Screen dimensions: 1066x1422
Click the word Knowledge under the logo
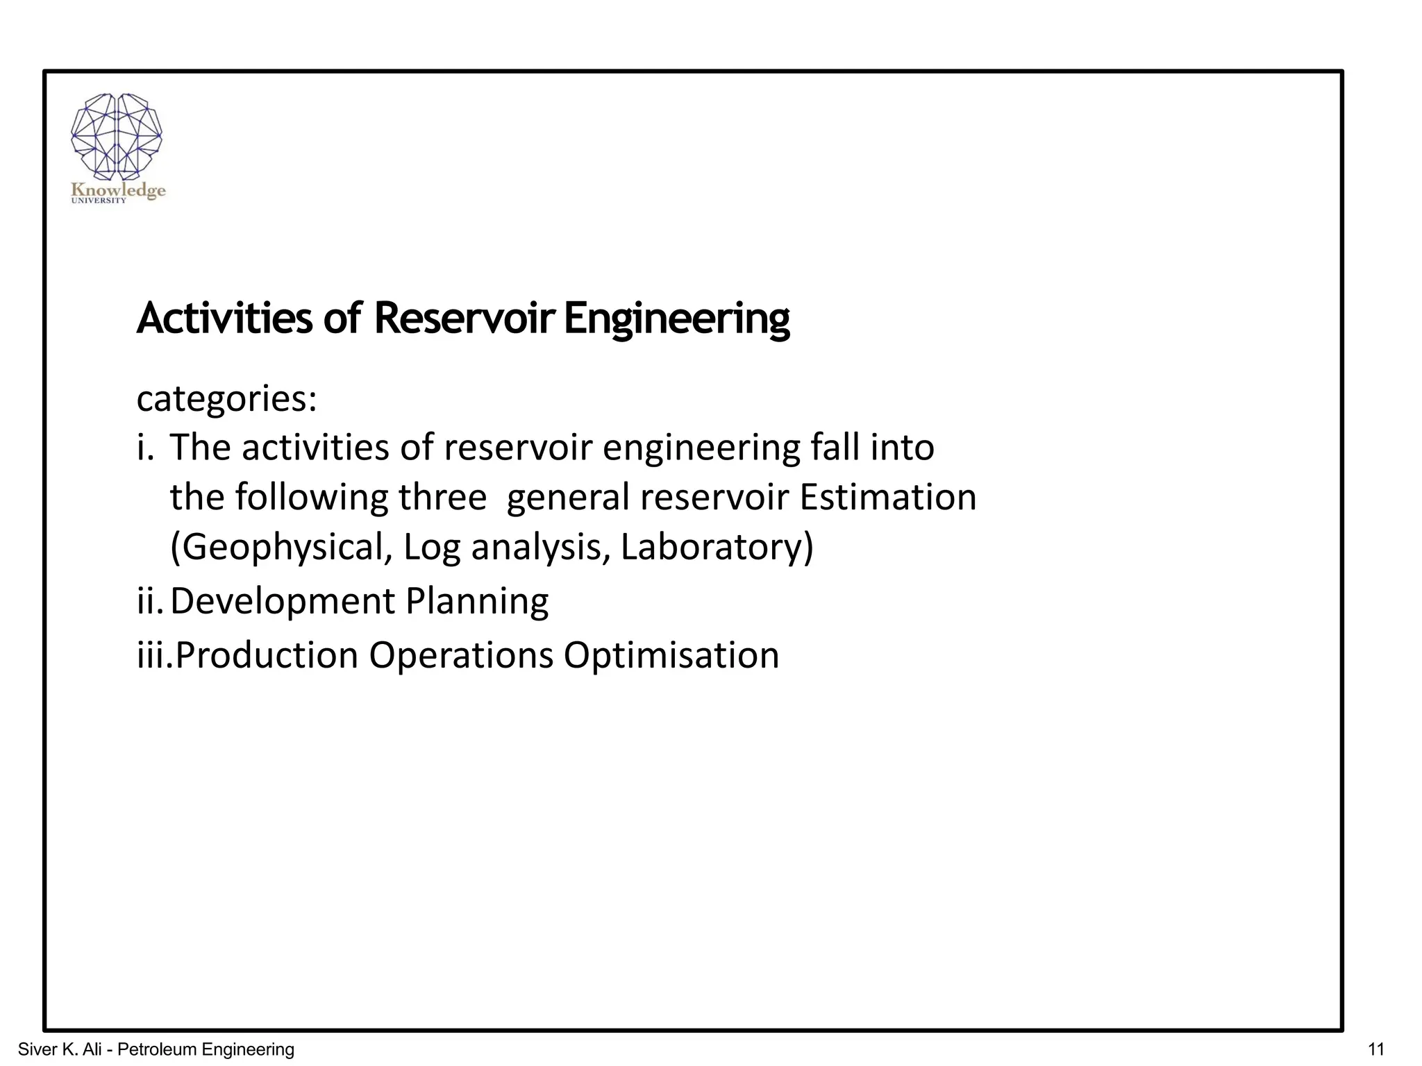coord(119,190)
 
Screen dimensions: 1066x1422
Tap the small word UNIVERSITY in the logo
coord(99,201)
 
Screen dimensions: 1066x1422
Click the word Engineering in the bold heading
coord(677,319)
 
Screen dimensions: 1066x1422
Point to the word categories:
coord(226,399)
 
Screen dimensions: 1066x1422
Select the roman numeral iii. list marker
coord(154,655)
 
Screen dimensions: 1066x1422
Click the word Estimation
coord(888,498)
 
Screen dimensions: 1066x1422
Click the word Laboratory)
coord(717,548)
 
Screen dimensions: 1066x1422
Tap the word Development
coord(281,601)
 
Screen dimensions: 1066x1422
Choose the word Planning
coord(476,601)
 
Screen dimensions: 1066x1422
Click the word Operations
coord(460,655)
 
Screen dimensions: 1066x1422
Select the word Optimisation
coord(671,655)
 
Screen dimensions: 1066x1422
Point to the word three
coord(442,498)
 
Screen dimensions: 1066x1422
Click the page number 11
coord(1374,1049)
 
